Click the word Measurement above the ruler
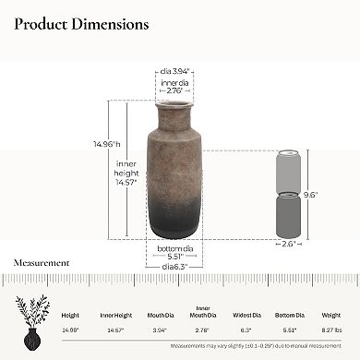[41, 262]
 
